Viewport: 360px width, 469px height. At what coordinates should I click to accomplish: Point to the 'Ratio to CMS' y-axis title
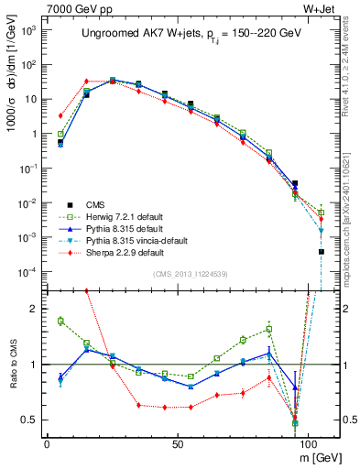[12, 364]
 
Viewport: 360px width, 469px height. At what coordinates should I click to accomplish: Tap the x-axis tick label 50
[176, 442]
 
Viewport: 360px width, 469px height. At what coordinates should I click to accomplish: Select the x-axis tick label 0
[47, 442]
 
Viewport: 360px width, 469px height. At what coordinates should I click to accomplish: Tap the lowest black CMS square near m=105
[322, 251]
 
